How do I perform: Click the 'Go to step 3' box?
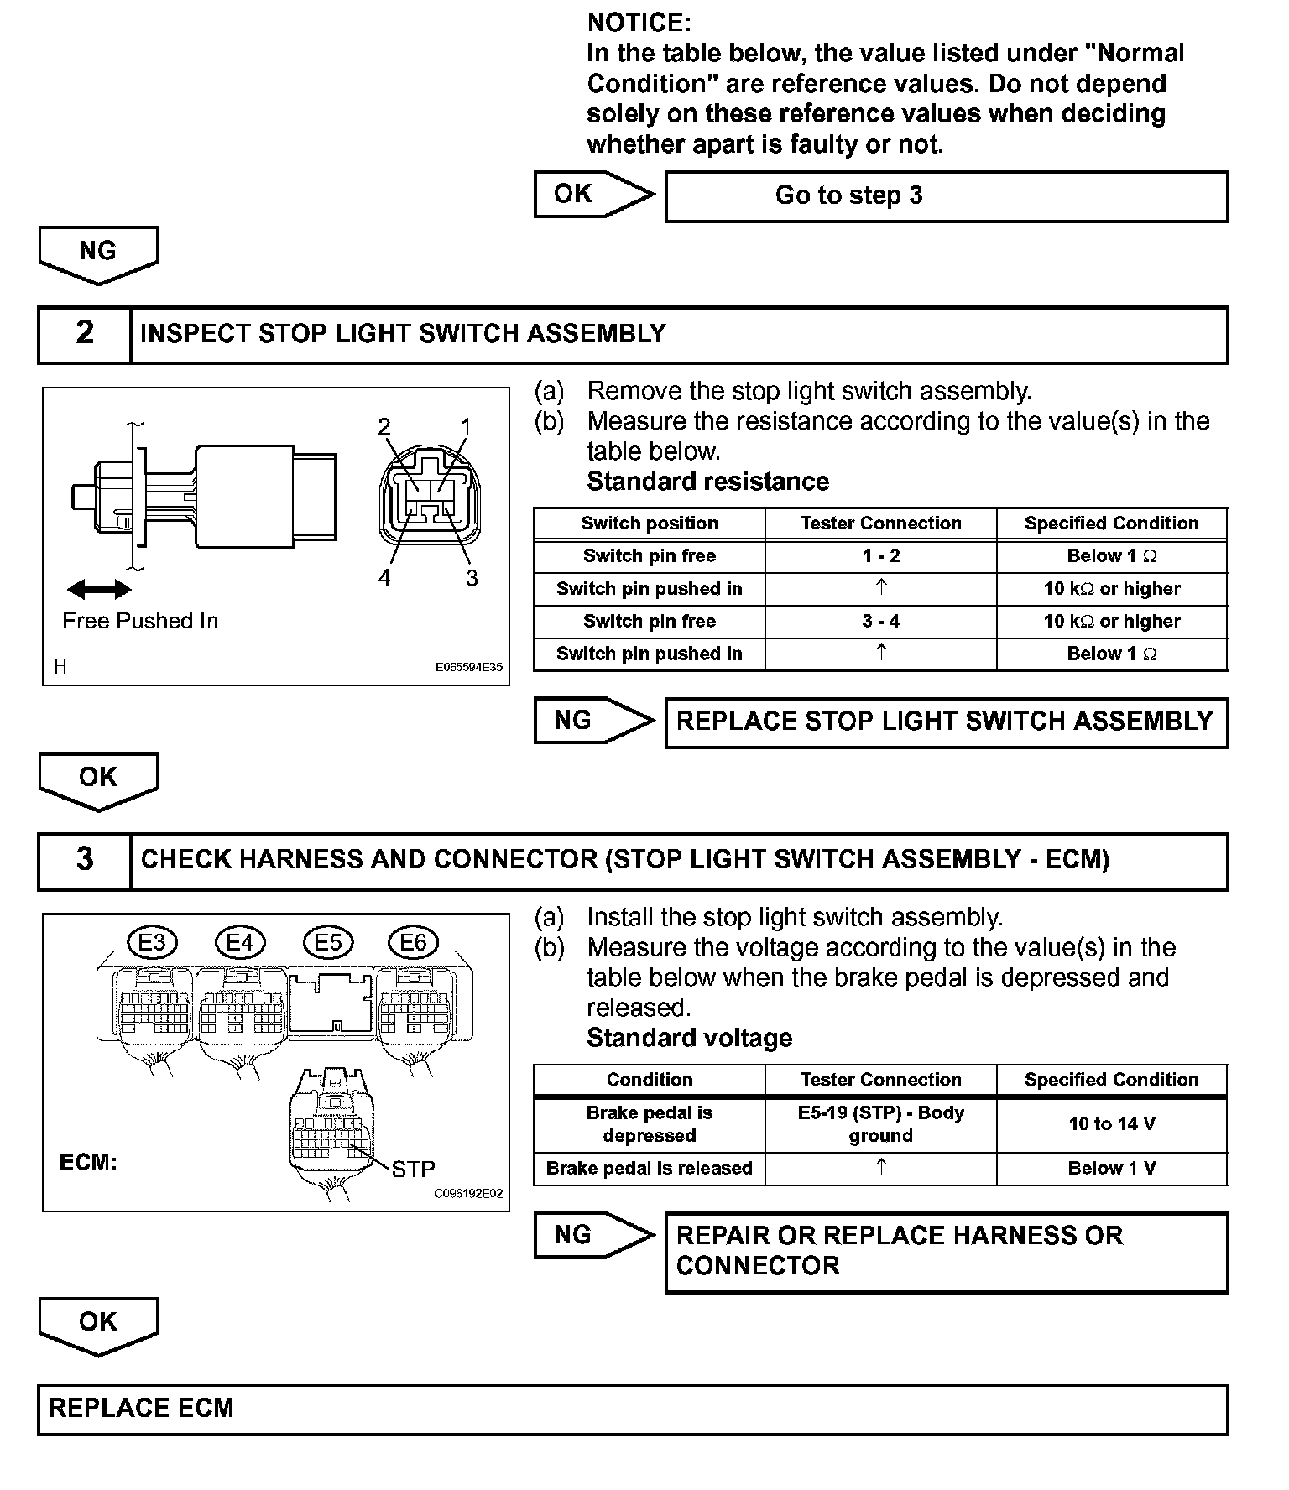coord(946,196)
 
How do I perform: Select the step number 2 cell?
coord(85,333)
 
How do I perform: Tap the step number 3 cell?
coord(85,860)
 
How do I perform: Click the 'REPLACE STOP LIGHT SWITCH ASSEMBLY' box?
coord(946,722)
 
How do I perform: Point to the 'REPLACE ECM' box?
coord(633,1409)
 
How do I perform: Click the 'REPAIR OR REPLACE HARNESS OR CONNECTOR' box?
coord(946,1252)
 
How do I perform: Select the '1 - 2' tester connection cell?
coord(880,556)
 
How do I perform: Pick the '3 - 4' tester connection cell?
coord(880,622)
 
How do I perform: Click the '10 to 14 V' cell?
coord(1111,1124)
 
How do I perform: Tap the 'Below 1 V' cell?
coord(1111,1169)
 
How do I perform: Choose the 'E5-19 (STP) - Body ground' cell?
coord(880,1124)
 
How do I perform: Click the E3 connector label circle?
coord(152,942)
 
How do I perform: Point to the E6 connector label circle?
coord(413,942)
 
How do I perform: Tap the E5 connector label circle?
coord(327,942)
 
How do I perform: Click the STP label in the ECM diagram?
coord(413,1169)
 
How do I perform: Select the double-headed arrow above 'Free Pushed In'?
coord(99,590)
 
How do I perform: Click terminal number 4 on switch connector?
coord(384,578)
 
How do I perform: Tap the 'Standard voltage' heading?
coord(689,1039)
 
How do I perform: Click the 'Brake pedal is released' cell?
coord(649,1169)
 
